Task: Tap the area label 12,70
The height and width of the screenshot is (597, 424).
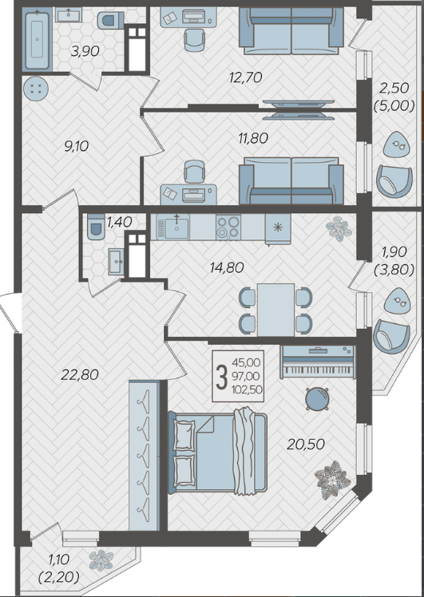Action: pyautogui.click(x=246, y=77)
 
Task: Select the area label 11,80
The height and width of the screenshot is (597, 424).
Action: pyautogui.click(x=253, y=138)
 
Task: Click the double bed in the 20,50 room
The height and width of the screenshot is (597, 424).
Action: pyautogui.click(x=217, y=452)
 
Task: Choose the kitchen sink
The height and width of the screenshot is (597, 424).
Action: pyautogui.click(x=173, y=227)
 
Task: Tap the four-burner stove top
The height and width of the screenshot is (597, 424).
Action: pyautogui.click(x=228, y=227)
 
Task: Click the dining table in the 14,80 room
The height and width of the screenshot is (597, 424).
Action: pyautogui.click(x=275, y=310)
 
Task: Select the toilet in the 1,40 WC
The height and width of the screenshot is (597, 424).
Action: pyautogui.click(x=96, y=227)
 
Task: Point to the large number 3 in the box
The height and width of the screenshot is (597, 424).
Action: pyautogui.click(x=222, y=377)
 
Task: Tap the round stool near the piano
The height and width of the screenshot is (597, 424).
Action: pyautogui.click(x=317, y=399)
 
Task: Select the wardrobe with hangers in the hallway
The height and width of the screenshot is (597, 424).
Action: pyautogui.click(x=144, y=456)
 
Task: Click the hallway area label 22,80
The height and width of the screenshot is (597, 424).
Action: pyautogui.click(x=80, y=375)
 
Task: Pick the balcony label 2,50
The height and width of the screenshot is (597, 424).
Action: pyautogui.click(x=394, y=88)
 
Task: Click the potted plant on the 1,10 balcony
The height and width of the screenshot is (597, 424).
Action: pyautogui.click(x=101, y=560)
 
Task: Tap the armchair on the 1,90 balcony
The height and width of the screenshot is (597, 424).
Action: pyautogui.click(x=391, y=337)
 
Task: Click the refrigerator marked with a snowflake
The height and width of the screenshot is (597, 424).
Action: pyautogui.click(x=278, y=228)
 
